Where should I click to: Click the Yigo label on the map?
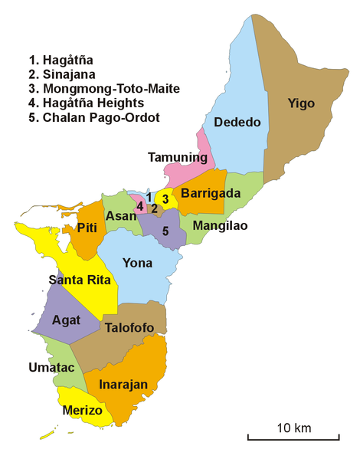301,103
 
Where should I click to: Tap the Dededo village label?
237,123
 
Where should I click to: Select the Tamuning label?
178,158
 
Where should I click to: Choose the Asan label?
120,217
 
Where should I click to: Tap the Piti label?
86,228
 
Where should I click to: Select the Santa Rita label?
80,280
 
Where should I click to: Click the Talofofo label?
128,328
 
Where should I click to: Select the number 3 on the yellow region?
165,199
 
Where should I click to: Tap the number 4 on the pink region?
140,206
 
